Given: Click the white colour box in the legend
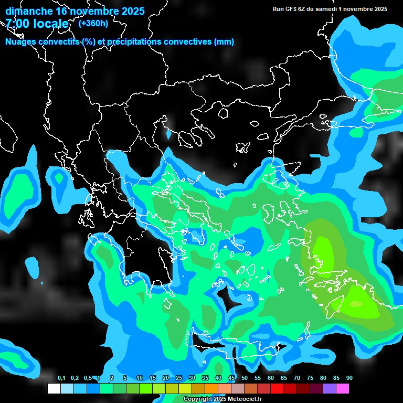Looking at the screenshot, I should (x=54, y=388).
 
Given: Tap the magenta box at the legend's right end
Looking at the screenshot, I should (x=343, y=388).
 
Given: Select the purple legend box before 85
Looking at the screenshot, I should (x=330, y=388).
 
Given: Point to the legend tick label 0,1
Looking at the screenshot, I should (x=61, y=378).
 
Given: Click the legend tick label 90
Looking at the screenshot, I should (x=349, y=378).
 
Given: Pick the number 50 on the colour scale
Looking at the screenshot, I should (x=245, y=378).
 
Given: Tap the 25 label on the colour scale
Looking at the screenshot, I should (x=179, y=378).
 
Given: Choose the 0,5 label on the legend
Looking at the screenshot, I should (x=88, y=378).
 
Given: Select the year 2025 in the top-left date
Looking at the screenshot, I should (x=131, y=11).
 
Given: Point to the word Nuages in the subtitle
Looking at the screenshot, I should (x=20, y=42).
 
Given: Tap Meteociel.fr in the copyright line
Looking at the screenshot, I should (x=243, y=399).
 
